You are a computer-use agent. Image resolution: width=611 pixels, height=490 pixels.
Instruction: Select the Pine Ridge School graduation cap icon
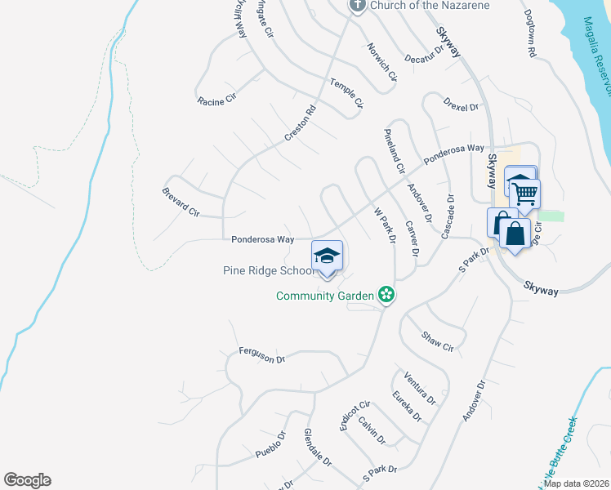(x=327, y=256)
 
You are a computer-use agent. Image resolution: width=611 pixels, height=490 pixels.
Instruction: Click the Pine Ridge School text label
(x=266, y=270)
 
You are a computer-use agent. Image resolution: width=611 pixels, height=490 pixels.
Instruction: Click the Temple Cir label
(x=346, y=92)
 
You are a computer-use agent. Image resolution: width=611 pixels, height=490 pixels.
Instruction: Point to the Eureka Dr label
(x=407, y=406)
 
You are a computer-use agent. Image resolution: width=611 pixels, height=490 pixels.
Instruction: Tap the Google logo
(x=28, y=480)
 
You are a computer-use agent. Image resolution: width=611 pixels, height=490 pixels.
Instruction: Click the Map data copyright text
(x=576, y=483)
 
